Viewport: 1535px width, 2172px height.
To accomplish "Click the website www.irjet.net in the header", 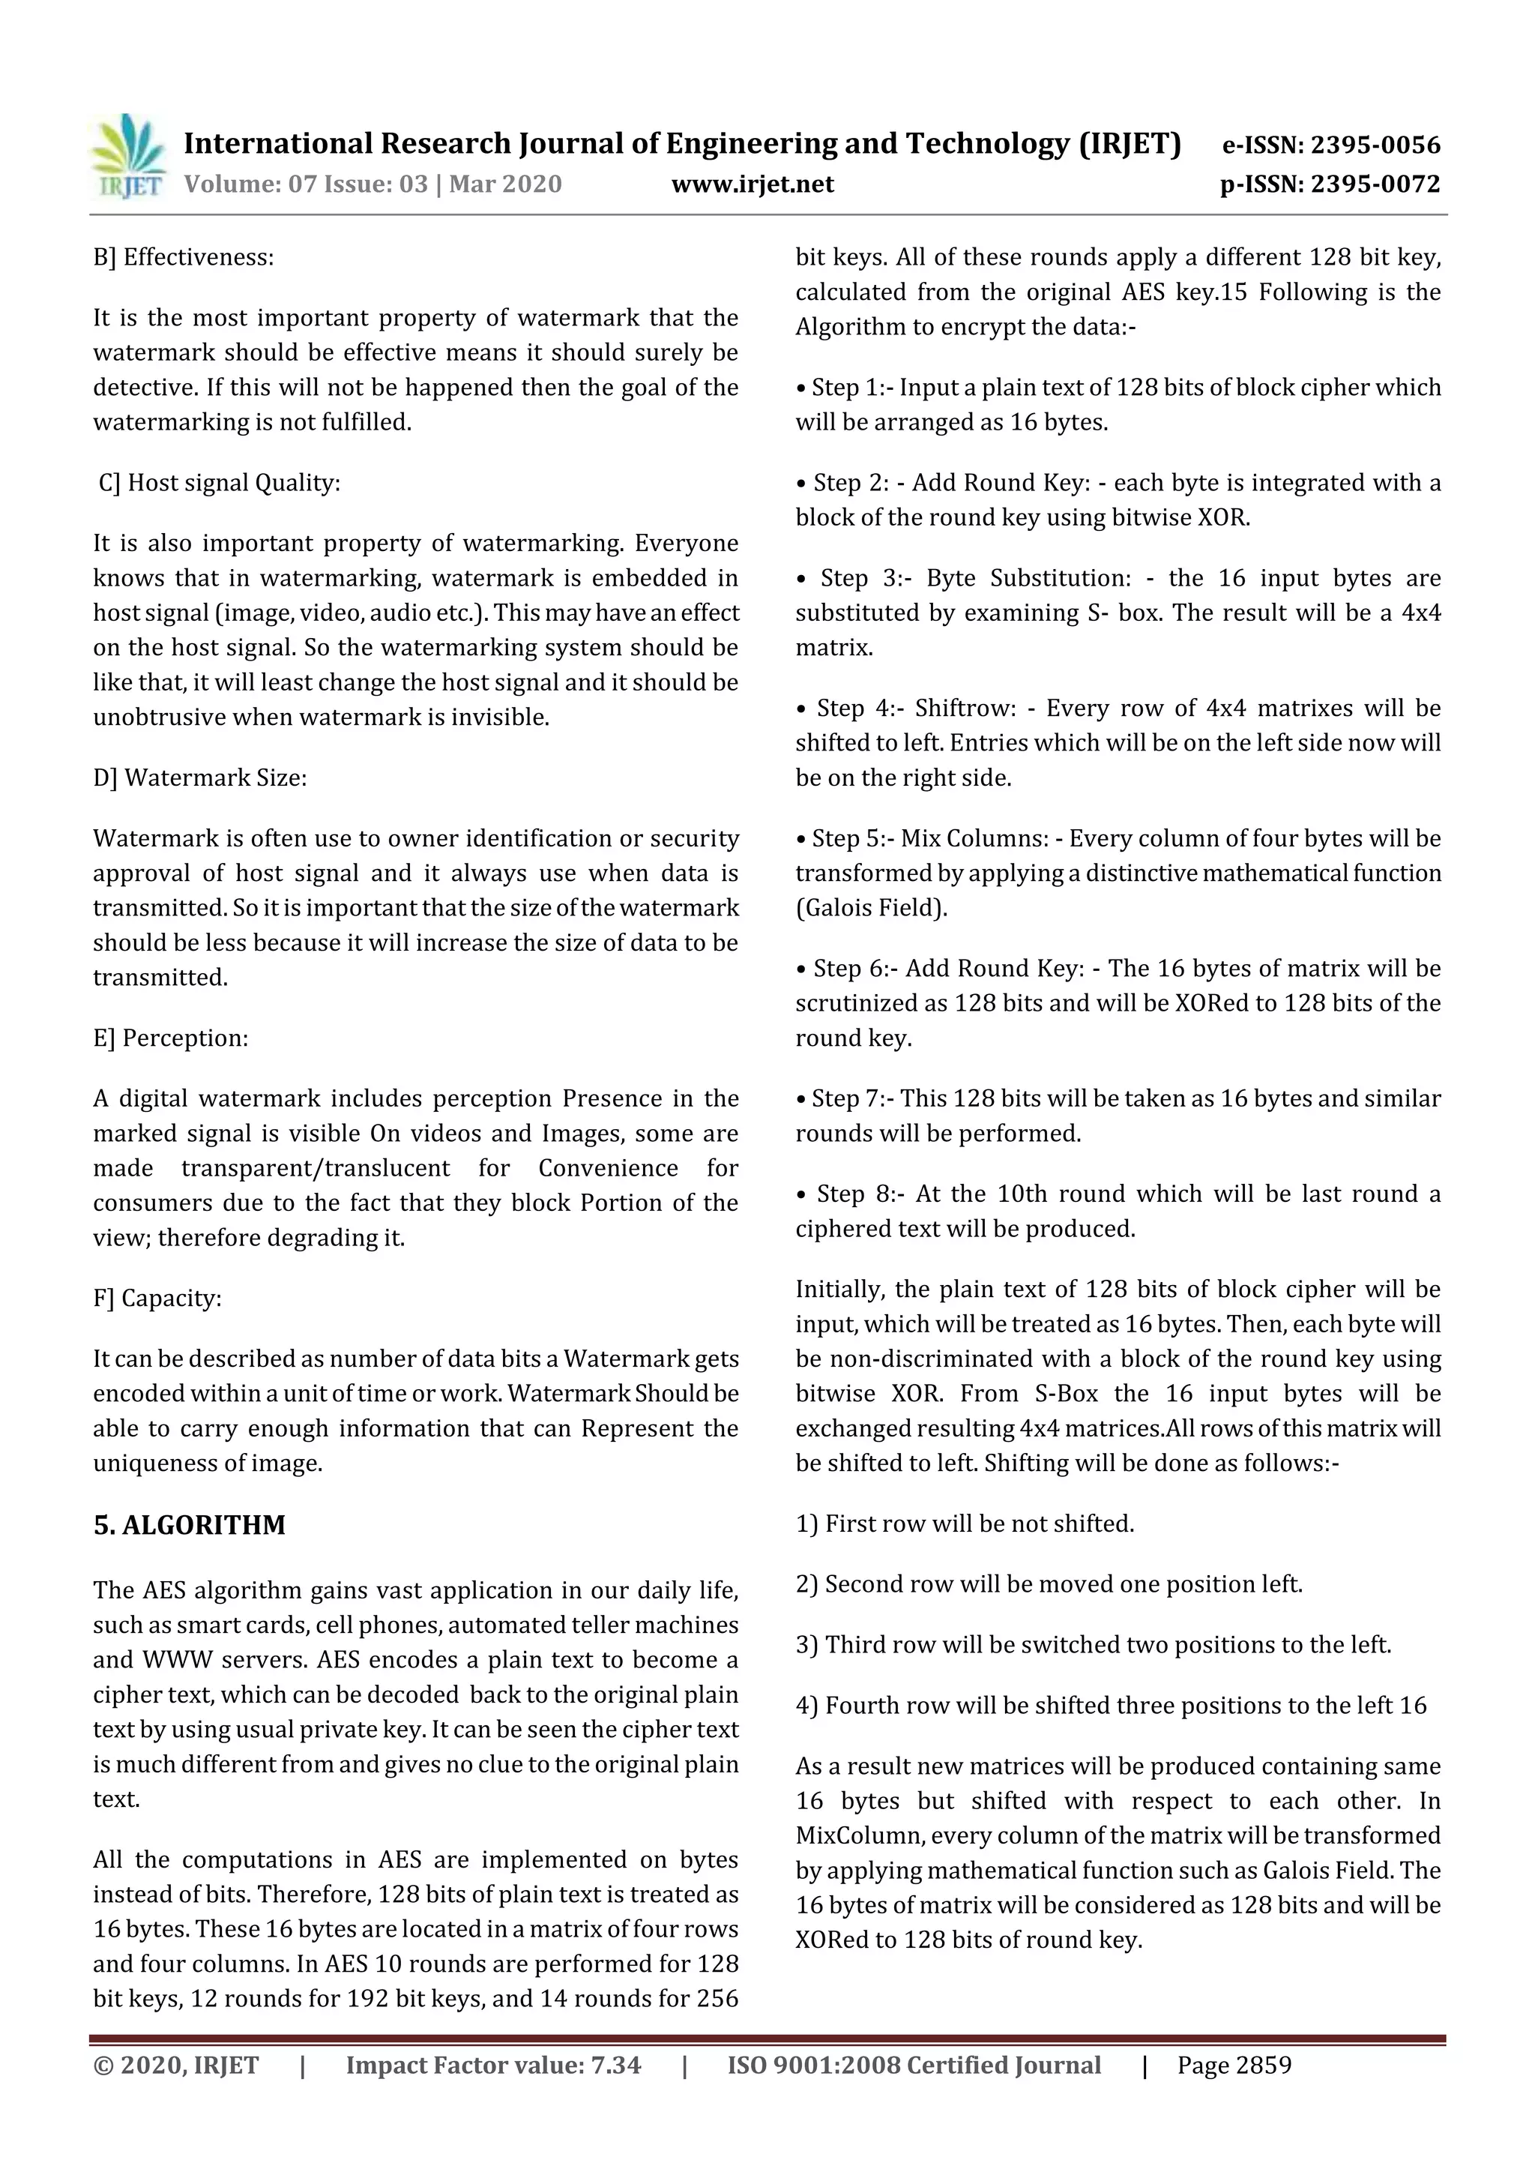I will coord(752,184).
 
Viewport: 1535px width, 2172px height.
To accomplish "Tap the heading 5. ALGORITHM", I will coord(189,1525).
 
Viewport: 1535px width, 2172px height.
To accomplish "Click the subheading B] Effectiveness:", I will coord(184,257).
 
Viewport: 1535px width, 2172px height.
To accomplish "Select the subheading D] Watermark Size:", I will coord(199,777).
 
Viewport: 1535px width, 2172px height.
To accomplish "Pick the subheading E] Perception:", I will coord(170,1038).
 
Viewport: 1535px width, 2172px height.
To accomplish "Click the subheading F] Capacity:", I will coord(157,1298).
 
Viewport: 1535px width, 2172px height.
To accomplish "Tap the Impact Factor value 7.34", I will coord(615,2065).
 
